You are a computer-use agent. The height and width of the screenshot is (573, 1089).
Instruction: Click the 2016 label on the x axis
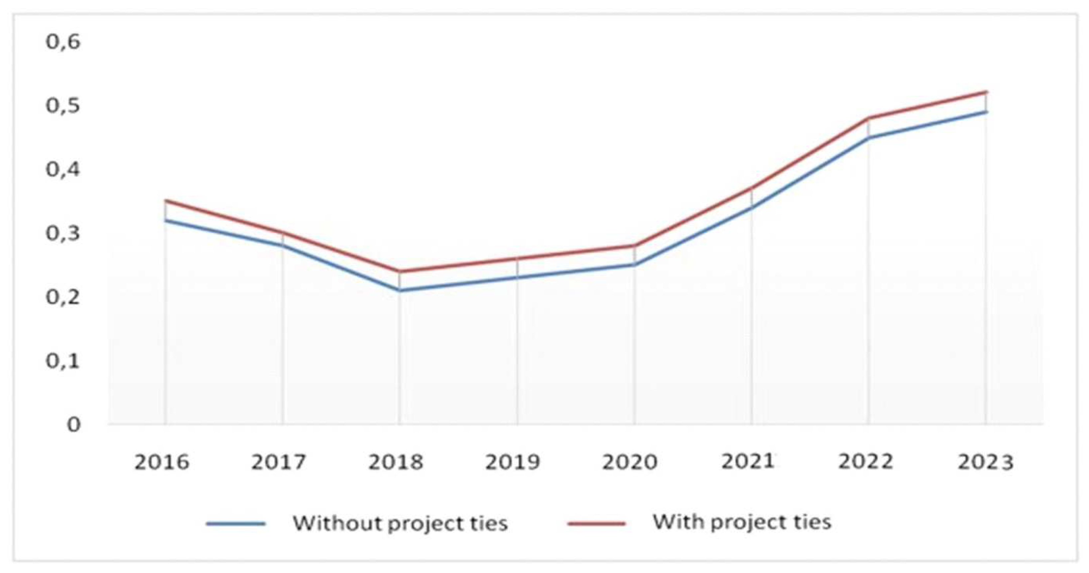[x=162, y=462]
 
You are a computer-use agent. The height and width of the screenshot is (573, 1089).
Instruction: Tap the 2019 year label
[x=512, y=462]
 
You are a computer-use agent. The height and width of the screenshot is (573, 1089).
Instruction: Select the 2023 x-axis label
[x=985, y=462]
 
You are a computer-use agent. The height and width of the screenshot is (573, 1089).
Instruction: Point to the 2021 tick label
[x=747, y=461]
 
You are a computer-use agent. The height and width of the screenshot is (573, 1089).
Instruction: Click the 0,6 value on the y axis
[x=63, y=42]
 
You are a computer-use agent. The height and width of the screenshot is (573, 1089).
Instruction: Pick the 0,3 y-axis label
[x=63, y=234]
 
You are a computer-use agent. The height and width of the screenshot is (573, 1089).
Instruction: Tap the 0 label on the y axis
[x=73, y=425]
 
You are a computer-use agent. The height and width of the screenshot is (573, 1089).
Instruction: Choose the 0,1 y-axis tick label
[x=63, y=361]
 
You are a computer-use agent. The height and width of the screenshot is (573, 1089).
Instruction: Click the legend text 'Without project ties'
[x=400, y=523]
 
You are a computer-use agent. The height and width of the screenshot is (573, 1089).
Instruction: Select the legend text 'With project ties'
[x=742, y=522]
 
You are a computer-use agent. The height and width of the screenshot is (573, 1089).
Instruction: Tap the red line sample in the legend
[x=596, y=523]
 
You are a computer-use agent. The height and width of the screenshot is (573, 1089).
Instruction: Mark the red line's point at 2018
[x=399, y=271]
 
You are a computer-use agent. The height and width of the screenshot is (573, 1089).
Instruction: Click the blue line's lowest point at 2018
[x=399, y=290]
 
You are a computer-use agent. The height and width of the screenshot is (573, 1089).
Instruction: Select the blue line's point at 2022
[x=868, y=138]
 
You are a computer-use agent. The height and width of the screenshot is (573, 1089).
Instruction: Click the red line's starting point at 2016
[x=165, y=200]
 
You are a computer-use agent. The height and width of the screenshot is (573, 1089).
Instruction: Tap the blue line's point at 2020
[x=634, y=265]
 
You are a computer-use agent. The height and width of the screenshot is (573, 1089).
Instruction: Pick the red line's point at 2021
[x=751, y=188]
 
